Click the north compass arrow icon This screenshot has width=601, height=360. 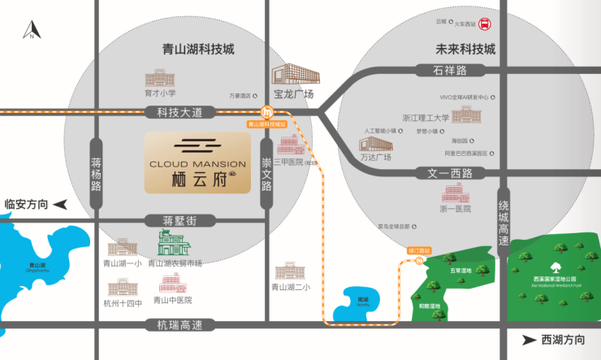pyautogui.click(x=31, y=32)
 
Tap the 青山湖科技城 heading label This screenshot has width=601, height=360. pyautogui.click(x=198, y=49)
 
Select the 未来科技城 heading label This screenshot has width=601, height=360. pyautogui.click(x=465, y=49)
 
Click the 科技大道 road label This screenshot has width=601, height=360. pyautogui.click(x=184, y=111)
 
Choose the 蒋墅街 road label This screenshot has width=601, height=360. pyautogui.click(x=180, y=220)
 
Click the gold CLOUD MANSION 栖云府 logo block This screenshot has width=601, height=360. pyautogui.click(x=198, y=163)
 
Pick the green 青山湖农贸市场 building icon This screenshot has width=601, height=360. pyautogui.click(x=173, y=243)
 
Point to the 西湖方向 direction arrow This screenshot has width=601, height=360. pyautogui.click(x=529, y=340)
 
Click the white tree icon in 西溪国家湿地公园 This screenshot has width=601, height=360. pyautogui.click(x=556, y=267)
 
